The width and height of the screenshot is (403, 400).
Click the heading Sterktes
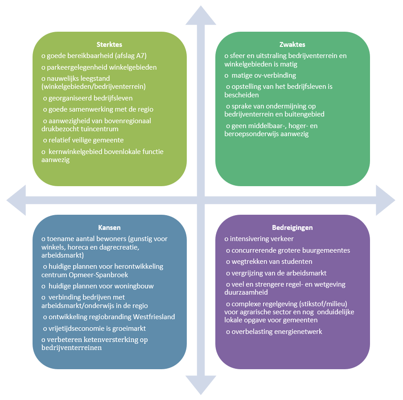point(109,45)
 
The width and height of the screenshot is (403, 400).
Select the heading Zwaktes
point(292,45)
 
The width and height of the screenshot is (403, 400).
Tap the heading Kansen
point(109,228)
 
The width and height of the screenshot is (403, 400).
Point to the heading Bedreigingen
point(292,228)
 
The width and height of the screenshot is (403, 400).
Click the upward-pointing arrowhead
point(201,16)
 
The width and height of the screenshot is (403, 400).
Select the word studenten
point(293,262)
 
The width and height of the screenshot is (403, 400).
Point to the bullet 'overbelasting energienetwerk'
point(276,332)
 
